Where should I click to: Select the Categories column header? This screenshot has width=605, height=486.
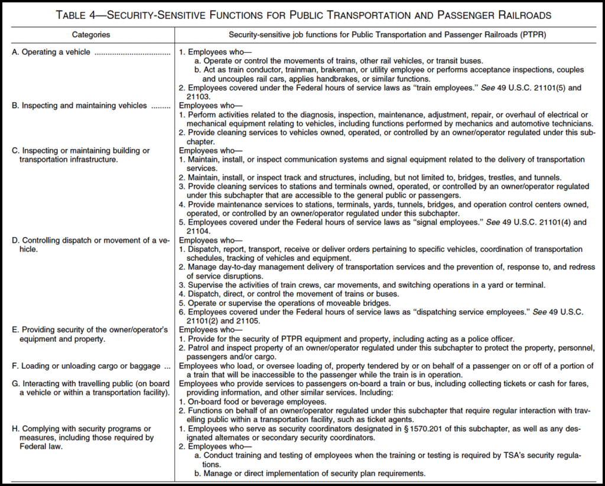tap(91, 35)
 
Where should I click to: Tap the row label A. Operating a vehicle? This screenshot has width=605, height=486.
tap(51, 52)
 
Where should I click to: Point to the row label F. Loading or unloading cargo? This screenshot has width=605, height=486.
tap(77, 367)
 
